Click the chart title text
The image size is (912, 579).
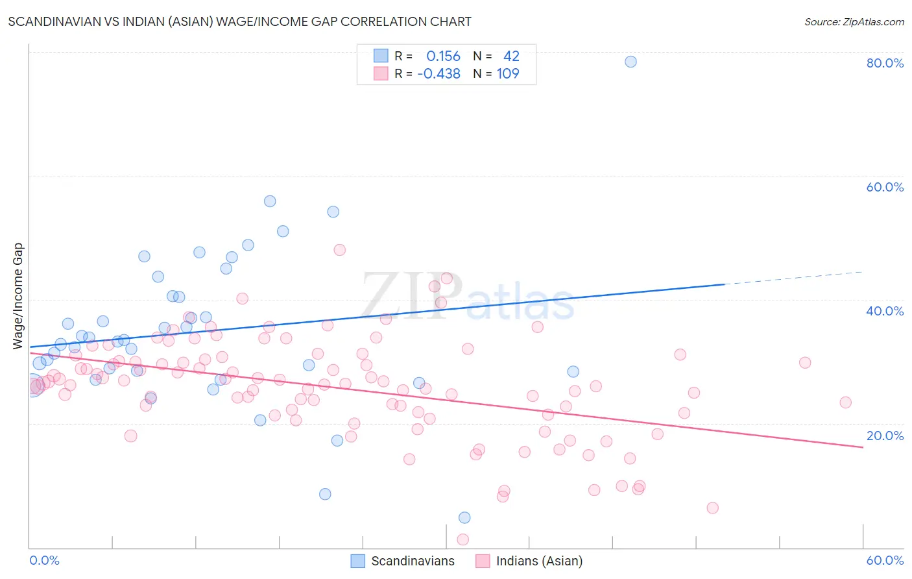point(240,21)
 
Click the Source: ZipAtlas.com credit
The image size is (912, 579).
point(854,21)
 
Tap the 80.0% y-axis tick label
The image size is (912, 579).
point(885,63)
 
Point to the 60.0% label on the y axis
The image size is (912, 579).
point(885,187)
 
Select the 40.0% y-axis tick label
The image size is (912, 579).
point(885,311)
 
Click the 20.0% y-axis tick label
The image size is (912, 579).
point(885,436)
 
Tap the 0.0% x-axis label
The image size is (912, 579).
point(44,560)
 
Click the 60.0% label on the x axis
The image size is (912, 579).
point(885,560)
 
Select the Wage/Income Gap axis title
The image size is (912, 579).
point(18,296)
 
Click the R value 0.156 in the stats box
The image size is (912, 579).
point(443,56)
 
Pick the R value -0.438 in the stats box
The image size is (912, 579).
point(439,74)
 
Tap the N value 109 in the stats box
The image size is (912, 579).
point(508,74)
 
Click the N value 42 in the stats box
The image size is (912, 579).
point(511,56)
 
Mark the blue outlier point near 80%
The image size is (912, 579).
point(630,62)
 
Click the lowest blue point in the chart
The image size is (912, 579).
point(464,517)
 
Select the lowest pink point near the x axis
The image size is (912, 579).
point(463,539)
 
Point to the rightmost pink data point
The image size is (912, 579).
point(845,402)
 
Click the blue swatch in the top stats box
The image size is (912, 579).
point(381,56)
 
